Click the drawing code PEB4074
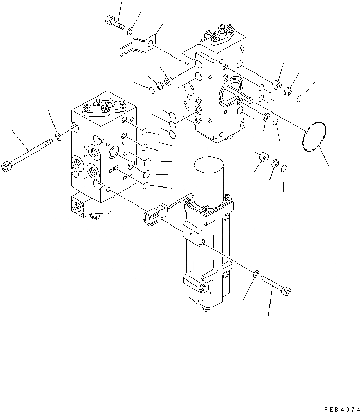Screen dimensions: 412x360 click(340, 409)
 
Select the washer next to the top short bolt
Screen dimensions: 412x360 click(132, 30)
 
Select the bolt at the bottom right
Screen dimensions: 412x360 click(278, 285)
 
